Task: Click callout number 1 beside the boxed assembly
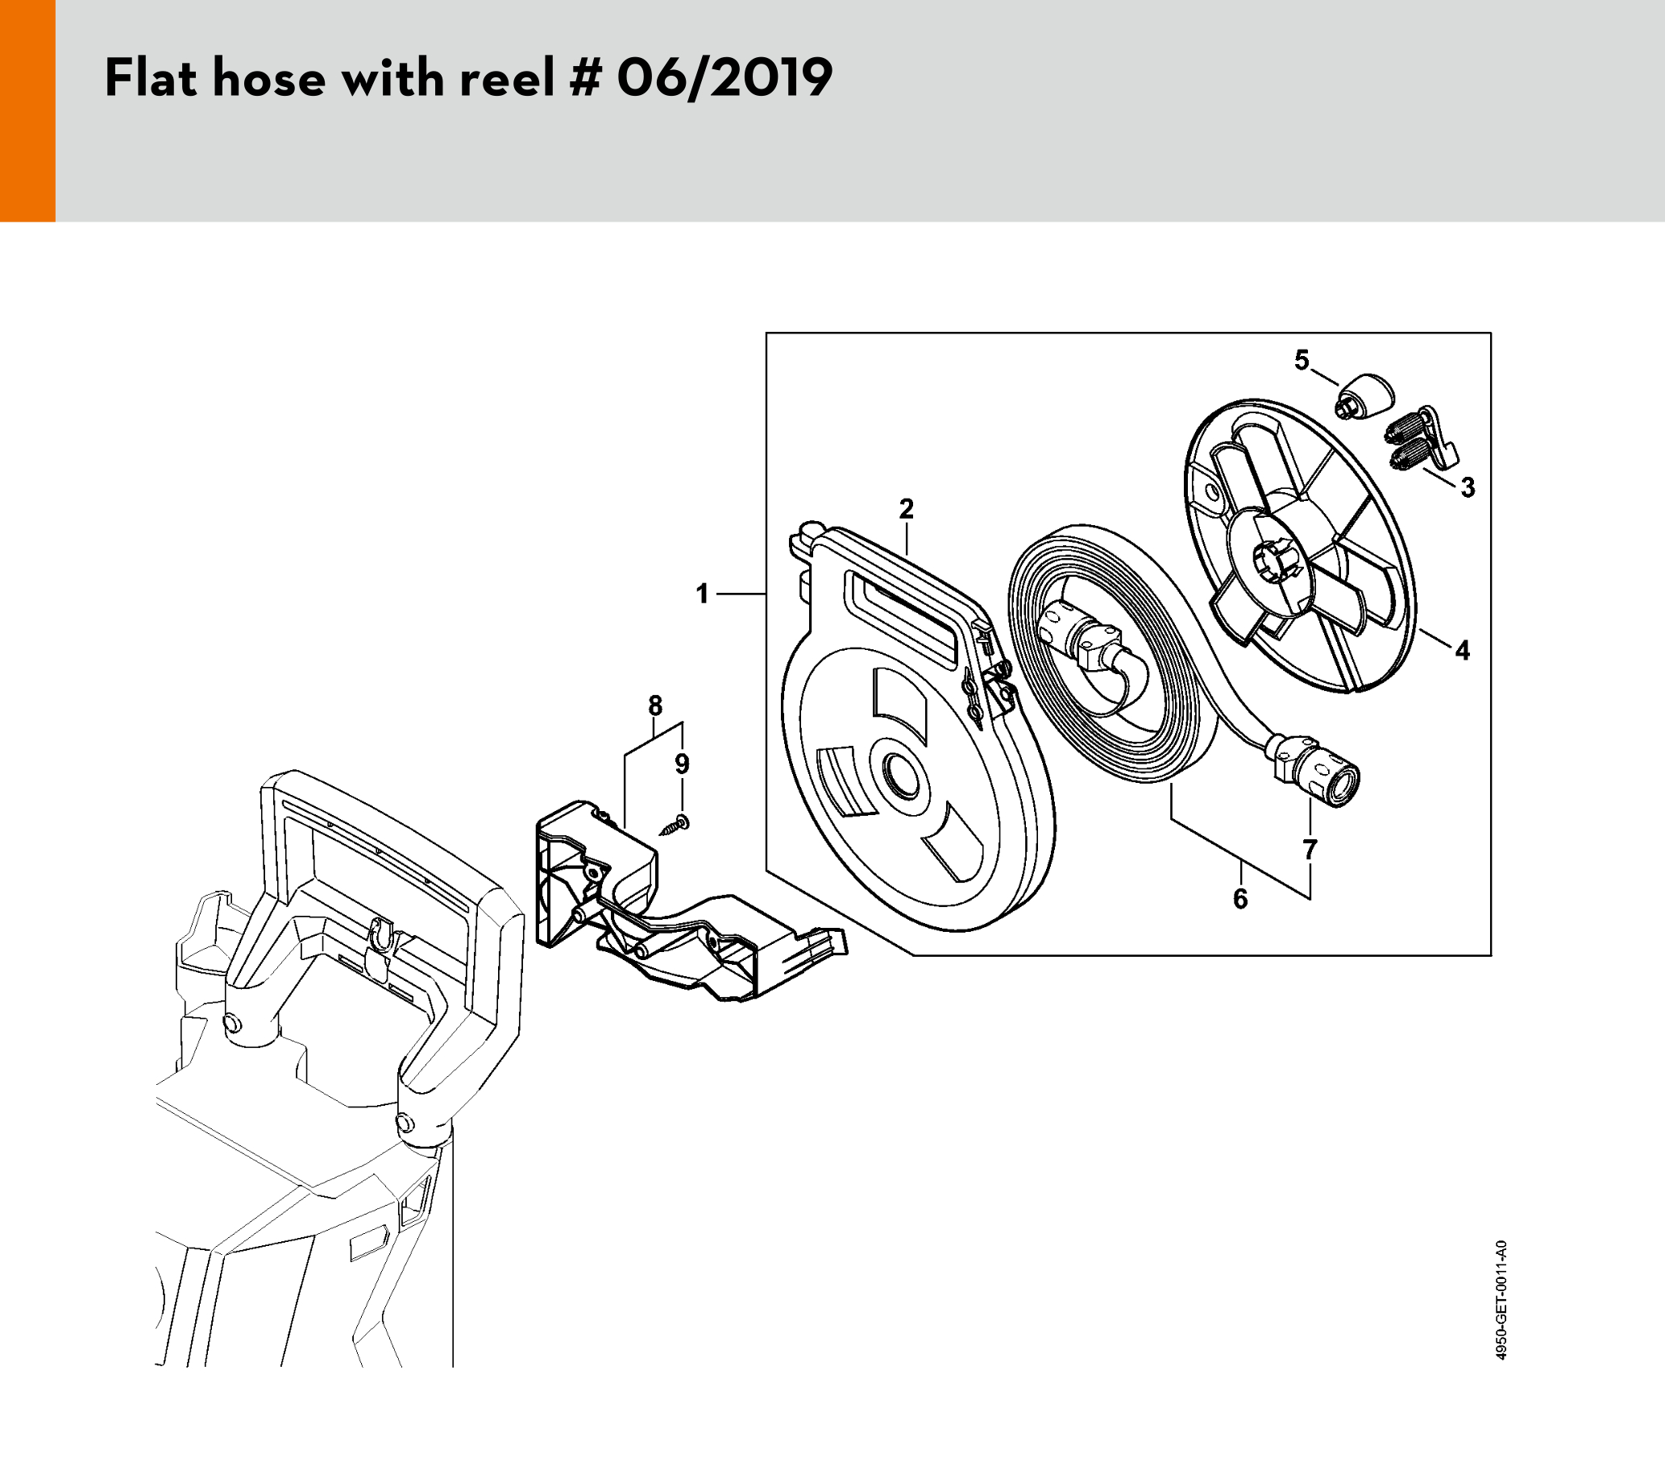click(702, 594)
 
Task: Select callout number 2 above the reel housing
click(906, 509)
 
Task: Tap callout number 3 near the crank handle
click(1467, 488)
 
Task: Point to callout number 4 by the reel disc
click(1462, 651)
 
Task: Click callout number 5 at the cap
click(1302, 359)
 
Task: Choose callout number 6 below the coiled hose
click(1239, 899)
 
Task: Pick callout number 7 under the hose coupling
click(1309, 849)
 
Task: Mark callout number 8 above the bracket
click(655, 706)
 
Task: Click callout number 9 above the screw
click(682, 764)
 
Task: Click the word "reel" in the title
click(496, 79)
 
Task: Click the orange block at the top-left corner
click(27, 110)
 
